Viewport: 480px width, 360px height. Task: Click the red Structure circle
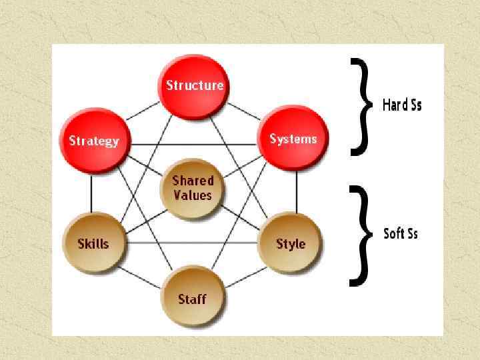coord(194,85)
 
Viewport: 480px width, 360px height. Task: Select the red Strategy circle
coord(94,141)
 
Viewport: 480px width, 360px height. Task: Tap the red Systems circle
coord(293,139)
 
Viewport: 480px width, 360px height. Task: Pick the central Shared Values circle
coord(193,188)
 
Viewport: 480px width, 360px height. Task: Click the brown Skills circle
coord(93,243)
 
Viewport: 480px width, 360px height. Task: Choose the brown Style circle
coord(291,243)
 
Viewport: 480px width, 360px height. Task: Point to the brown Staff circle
coord(192,299)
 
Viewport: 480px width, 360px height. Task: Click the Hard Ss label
coord(402,105)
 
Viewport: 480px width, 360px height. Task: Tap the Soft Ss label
coord(401,233)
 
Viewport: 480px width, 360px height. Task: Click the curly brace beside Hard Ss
coord(361,107)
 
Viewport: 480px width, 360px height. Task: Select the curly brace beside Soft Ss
coord(361,235)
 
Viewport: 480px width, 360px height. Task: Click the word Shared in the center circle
coord(193,181)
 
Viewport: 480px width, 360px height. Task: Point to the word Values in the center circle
coord(193,195)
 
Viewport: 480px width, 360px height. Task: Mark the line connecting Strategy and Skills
coord(91,193)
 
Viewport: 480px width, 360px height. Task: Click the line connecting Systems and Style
coord(295,192)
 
